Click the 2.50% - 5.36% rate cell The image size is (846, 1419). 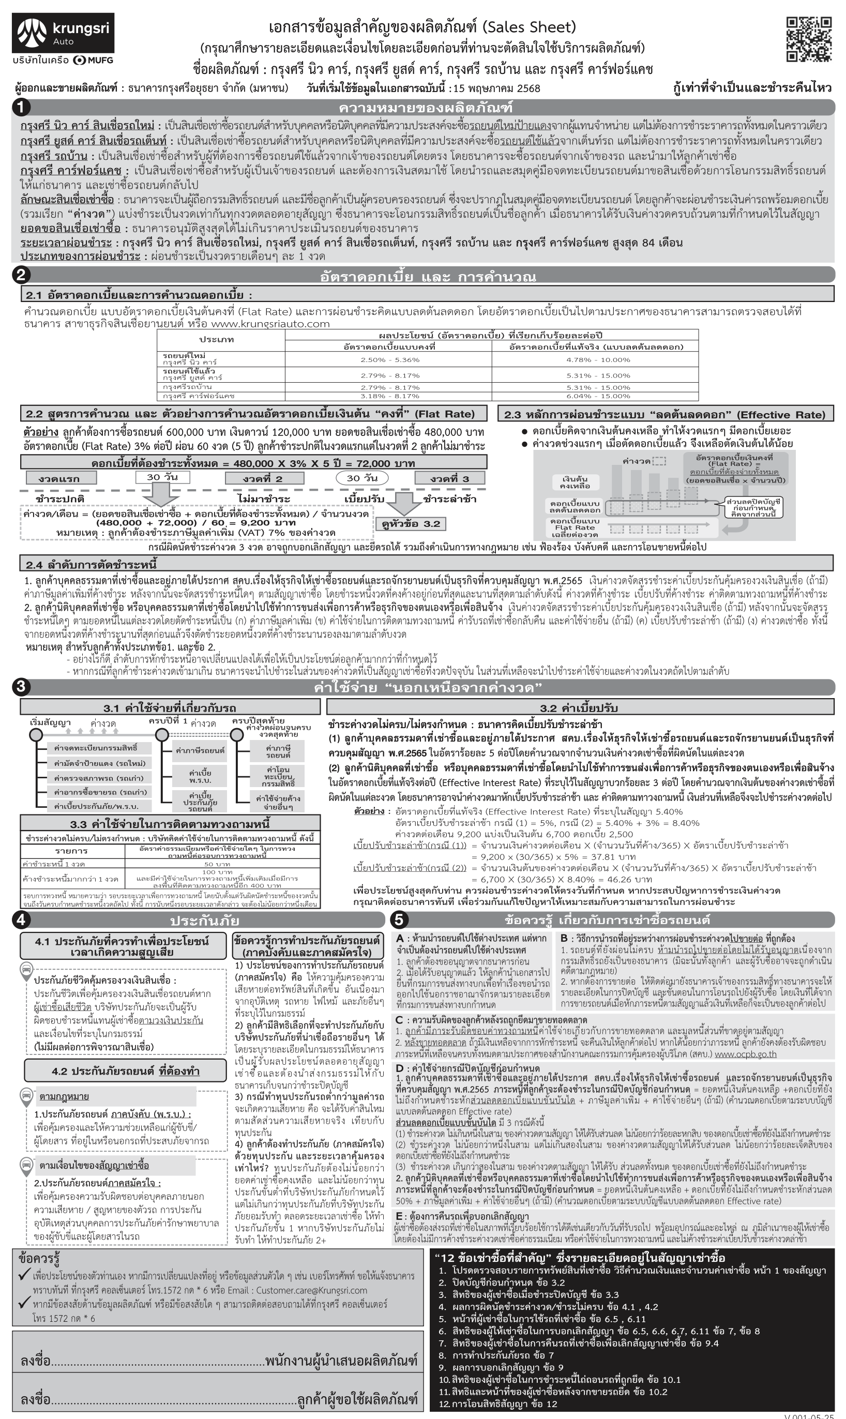click(x=389, y=360)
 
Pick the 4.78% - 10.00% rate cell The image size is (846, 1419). click(x=597, y=360)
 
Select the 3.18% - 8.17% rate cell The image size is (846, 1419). click(x=389, y=396)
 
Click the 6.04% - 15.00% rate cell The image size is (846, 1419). click(x=597, y=396)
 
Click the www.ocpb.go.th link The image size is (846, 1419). click(x=745, y=1053)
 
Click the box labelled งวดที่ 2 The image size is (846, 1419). click(x=262, y=478)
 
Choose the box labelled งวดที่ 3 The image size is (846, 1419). click(x=450, y=478)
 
